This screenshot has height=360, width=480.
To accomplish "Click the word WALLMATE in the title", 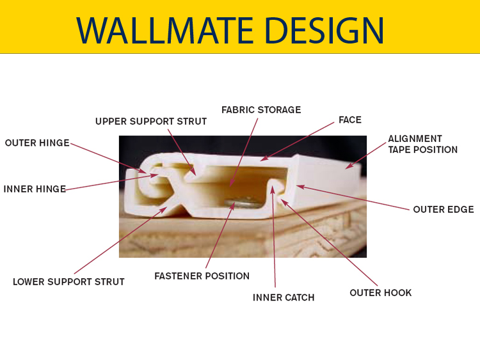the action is pos(164,30).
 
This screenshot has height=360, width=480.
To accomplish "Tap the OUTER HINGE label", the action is pos(37,143).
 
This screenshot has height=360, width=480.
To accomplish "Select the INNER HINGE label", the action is pos(35,189).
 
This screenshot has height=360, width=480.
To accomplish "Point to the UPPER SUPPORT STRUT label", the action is pos(151,121).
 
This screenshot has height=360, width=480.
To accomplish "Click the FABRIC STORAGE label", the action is pos(261,110).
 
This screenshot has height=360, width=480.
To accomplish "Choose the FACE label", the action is pos(350,120).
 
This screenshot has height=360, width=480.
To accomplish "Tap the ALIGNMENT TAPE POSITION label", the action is pos(423,144).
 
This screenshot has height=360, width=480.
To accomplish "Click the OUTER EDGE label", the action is pos(444,210).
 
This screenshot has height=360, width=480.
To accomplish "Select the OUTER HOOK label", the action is pos(381,293).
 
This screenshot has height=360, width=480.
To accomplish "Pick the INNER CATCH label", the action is pos(284,297).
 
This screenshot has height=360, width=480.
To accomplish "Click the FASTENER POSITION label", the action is pos(202,276).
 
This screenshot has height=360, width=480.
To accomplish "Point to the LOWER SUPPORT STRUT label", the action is pos(68,282).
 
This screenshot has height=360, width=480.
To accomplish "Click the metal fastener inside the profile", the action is pos(243,203).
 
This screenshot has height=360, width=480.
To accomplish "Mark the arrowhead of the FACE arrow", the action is pos(263,159).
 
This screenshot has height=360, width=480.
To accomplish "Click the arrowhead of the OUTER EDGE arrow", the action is pos(300,187).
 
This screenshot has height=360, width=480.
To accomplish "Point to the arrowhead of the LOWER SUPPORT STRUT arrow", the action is pos(164,209).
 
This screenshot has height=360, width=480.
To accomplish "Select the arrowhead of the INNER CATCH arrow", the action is pos(272,189).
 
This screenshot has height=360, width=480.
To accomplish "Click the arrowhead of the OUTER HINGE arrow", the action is pos(143,171).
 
